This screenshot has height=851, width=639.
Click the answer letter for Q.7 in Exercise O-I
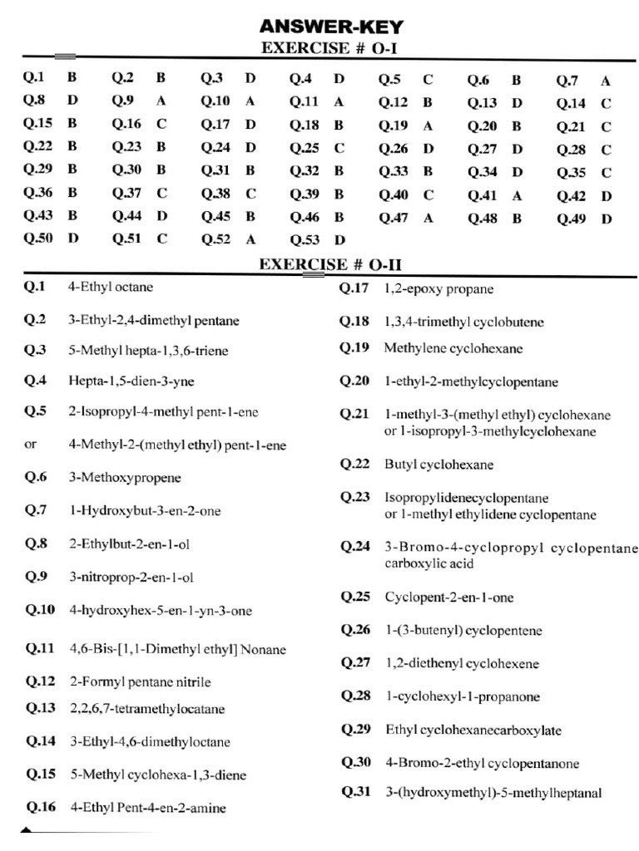tap(606, 81)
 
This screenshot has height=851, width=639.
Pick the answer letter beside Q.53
tap(339, 240)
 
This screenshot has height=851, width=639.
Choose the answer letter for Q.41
tap(517, 196)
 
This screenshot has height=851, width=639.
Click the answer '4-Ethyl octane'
tap(111, 288)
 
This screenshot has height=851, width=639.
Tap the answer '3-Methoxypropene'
tap(125, 478)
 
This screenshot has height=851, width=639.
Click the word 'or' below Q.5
tap(31, 444)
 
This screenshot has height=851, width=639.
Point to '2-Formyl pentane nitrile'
tap(140, 682)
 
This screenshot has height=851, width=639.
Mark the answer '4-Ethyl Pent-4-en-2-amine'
tap(148, 807)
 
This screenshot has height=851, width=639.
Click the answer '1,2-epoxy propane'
tap(438, 289)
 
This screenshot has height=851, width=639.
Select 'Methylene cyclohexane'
tap(453, 348)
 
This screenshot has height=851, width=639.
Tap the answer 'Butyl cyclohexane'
tap(438, 465)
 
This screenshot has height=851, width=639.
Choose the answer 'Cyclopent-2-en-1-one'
tap(449, 598)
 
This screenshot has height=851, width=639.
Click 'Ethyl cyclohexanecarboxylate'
tap(473, 730)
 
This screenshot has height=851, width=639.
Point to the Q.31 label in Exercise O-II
tap(355, 792)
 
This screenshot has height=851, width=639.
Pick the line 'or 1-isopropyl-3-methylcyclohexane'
tap(490, 432)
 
